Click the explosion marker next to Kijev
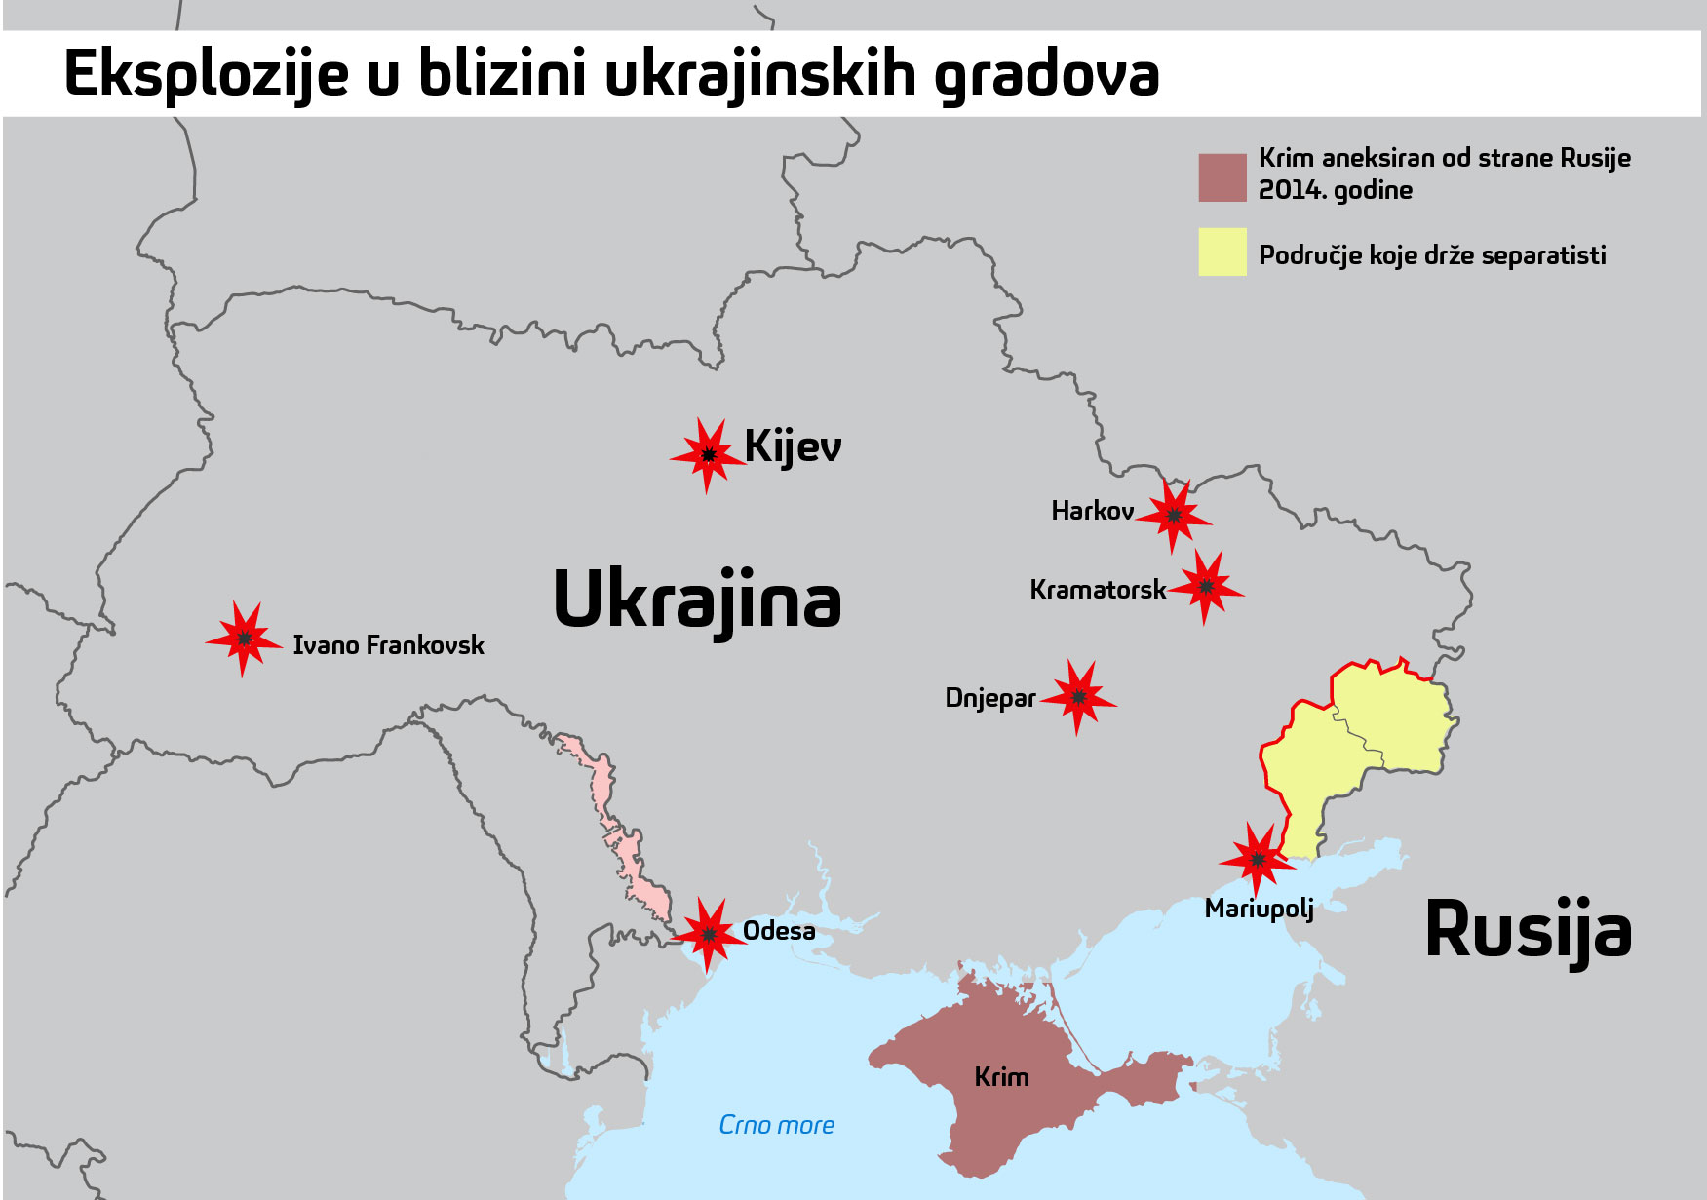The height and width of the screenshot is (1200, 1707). (x=709, y=455)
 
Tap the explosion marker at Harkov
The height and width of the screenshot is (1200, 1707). (x=1174, y=516)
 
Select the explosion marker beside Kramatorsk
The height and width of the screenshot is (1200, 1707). (x=1206, y=587)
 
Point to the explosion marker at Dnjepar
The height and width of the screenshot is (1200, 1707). (x=1078, y=697)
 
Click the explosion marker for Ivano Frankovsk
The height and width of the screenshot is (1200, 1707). (x=244, y=639)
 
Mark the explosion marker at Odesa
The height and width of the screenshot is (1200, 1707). (x=709, y=934)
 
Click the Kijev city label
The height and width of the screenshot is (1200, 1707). (x=793, y=447)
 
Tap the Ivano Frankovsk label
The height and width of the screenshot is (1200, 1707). (x=388, y=645)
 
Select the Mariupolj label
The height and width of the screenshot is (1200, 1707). (x=1259, y=909)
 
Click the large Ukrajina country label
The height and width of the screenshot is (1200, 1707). (x=696, y=600)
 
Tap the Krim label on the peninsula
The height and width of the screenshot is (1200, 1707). (x=1001, y=1077)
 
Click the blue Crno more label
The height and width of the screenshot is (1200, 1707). (x=776, y=1125)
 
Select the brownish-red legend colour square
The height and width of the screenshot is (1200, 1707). (x=1222, y=177)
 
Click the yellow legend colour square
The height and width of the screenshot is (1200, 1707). (x=1222, y=252)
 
